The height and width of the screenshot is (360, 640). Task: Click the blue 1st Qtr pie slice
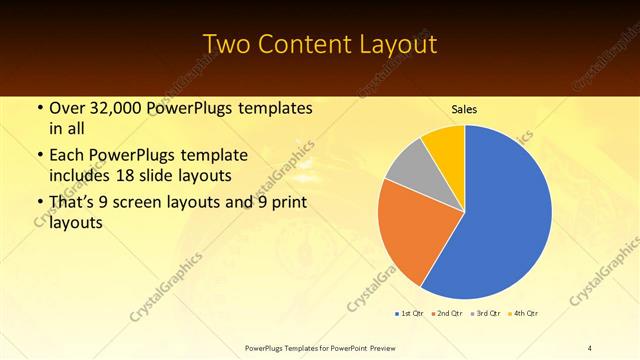tap(505, 215)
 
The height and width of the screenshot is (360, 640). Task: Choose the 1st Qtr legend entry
tap(410, 314)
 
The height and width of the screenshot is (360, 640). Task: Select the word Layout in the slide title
tap(393, 45)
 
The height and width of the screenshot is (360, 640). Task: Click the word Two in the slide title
tap(225, 45)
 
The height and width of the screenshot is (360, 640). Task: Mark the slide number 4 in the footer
tap(590, 347)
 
